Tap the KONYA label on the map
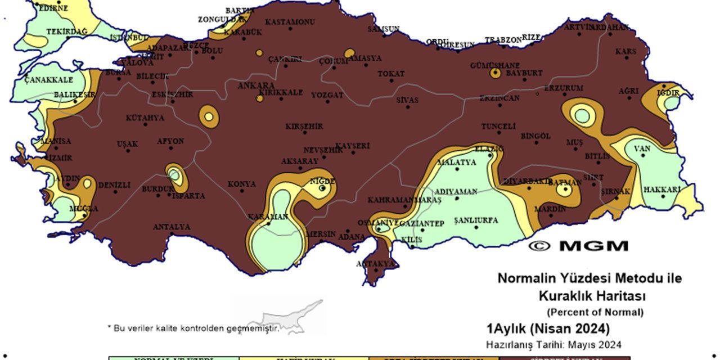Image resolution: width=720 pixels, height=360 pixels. (x=242, y=184)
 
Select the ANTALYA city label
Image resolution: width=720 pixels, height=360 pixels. (x=172, y=227)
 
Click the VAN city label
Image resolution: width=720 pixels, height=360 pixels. (x=642, y=149)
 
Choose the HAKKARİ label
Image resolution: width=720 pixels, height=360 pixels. (x=662, y=189)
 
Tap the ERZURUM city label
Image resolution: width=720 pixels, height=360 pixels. (x=564, y=88)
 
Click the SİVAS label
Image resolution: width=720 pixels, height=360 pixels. (x=407, y=100)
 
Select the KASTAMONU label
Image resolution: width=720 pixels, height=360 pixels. (x=290, y=22)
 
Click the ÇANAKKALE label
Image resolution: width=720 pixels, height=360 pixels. (x=49, y=80)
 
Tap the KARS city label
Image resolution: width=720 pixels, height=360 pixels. (x=625, y=51)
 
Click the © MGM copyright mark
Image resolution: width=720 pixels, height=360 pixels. (x=578, y=246)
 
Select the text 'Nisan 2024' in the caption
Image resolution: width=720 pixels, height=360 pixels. (x=579, y=328)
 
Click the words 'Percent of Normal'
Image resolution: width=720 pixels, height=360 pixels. (x=595, y=312)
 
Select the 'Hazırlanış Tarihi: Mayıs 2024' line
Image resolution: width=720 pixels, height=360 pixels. (x=554, y=344)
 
